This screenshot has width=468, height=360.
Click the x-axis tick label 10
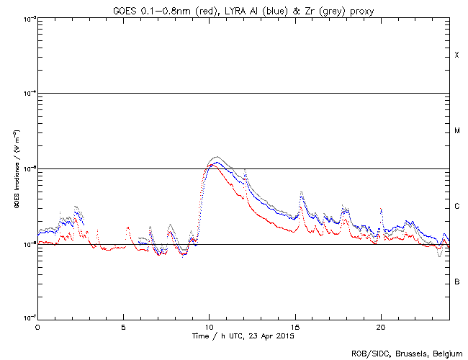coord(209,326)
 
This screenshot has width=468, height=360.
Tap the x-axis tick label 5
coord(123,326)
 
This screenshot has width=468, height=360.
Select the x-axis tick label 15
coord(294,326)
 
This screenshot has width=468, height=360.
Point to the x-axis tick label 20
coord(379,326)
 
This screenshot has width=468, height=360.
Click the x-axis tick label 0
coord(37,326)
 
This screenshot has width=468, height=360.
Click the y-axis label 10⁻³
coord(27,18)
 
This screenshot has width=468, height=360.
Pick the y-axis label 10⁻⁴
coord(27,94)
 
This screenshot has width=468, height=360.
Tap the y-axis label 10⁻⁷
coord(27,318)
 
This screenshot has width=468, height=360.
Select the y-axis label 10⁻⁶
coord(27,244)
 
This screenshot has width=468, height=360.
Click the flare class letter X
coord(456,55)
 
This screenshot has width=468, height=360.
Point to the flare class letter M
coord(456,131)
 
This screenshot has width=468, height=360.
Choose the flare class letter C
coord(456,207)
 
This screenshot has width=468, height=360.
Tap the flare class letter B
coord(456,282)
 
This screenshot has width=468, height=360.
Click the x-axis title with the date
coord(243,336)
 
